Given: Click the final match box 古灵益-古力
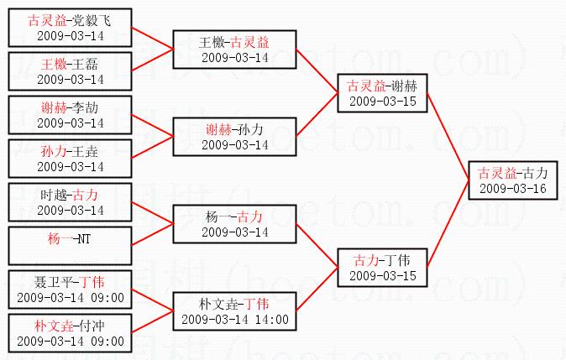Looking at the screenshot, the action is (512, 180).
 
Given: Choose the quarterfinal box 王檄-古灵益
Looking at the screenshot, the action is (235, 49).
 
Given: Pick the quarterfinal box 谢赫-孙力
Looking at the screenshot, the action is (235, 137).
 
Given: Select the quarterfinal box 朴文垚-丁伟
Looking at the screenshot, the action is (235, 310).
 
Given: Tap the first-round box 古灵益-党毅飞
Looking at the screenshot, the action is (70, 27).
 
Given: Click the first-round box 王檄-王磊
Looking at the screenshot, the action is (70, 70).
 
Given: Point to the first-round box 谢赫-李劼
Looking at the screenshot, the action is (70, 114).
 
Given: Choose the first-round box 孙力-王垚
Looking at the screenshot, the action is (70, 158).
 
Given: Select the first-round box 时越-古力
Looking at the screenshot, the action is (70, 202).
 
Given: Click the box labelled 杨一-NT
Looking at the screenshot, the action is (70, 246).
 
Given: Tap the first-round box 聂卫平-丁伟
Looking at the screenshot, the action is (70, 289).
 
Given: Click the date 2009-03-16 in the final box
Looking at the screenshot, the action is (512, 188).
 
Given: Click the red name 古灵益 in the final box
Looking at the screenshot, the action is (495, 173).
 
